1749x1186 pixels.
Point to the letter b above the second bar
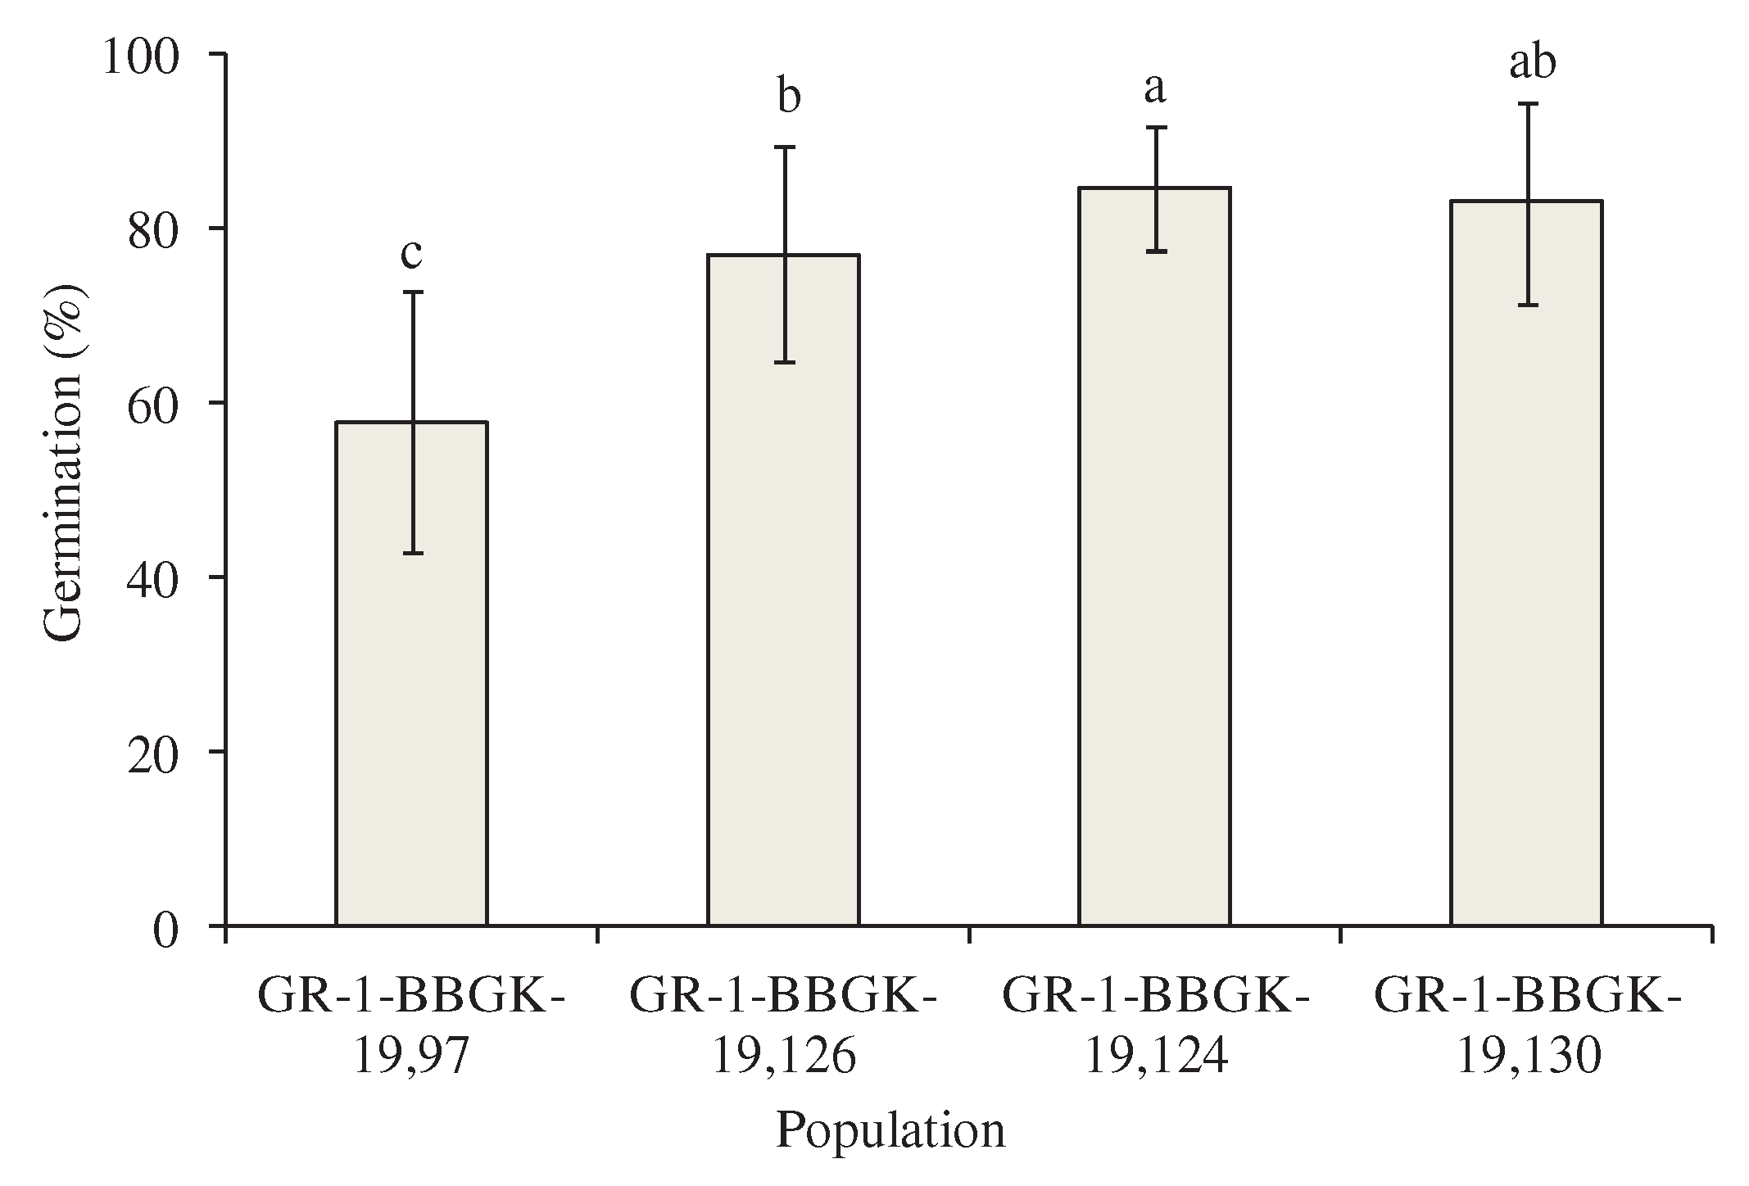click(787, 97)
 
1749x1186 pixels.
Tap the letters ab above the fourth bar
click(1532, 64)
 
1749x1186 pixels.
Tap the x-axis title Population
click(890, 1132)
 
